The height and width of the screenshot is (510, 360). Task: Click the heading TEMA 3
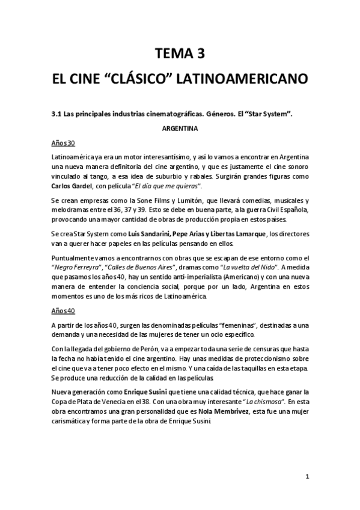pos(180,54)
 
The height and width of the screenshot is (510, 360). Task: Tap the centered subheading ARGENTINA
pos(180,128)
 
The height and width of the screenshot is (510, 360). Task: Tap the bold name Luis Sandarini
pos(149,233)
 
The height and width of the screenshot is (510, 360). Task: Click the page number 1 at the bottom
pos(307,476)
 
